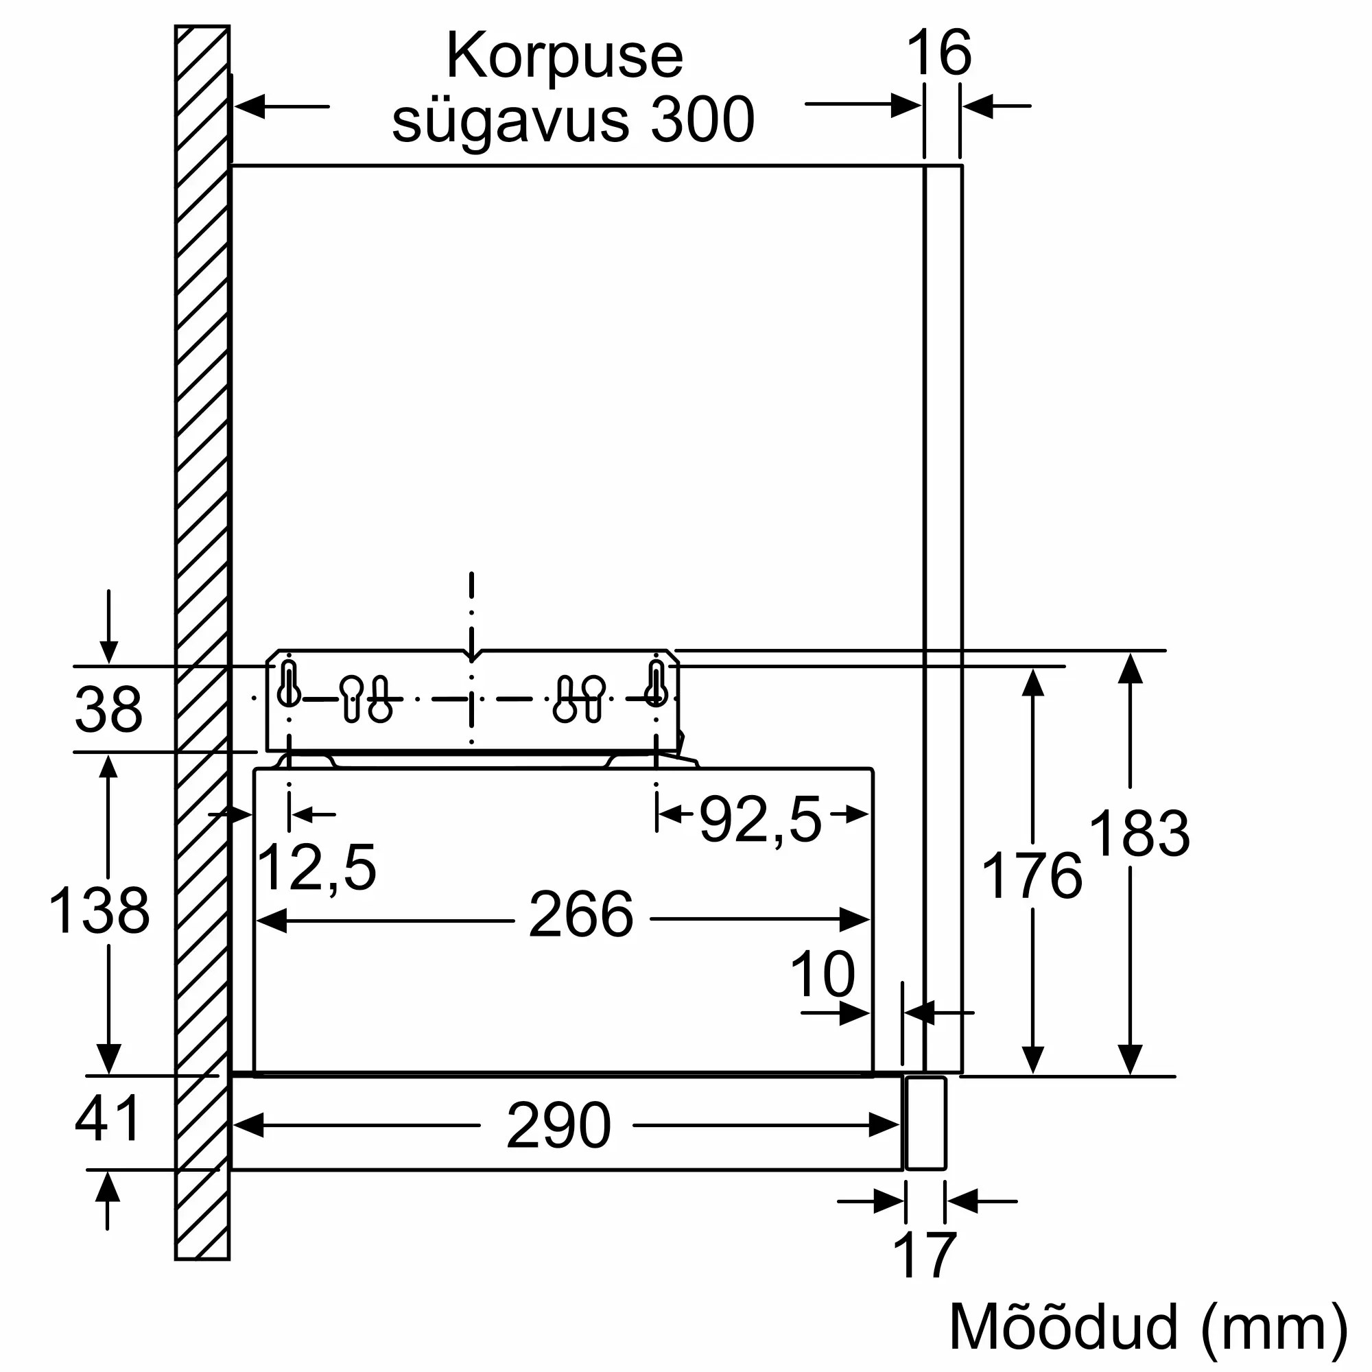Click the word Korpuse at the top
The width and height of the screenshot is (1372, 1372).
(565, 58)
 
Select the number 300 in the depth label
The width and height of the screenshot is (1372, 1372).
(702, 119)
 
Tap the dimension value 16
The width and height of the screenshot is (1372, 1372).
(939, 54)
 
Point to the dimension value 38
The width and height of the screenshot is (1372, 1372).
(108, 709)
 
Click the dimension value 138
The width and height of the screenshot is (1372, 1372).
(99, 910)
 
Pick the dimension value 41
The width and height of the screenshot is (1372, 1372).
(108, 1118)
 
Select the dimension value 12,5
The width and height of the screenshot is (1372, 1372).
(317, 868)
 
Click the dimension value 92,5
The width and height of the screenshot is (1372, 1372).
(760, 820)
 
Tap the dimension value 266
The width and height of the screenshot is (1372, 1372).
(581, 915)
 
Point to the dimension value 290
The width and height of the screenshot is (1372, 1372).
(559, 1125)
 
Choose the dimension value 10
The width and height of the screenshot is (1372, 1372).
(823, 975)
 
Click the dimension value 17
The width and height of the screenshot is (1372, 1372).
(925, 1256)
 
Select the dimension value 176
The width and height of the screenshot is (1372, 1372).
(1031, 876)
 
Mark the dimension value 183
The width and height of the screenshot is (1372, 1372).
(1138, 833)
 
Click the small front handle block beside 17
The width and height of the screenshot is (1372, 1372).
(925, 1123)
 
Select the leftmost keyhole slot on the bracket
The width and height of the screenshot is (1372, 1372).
(289, 684)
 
